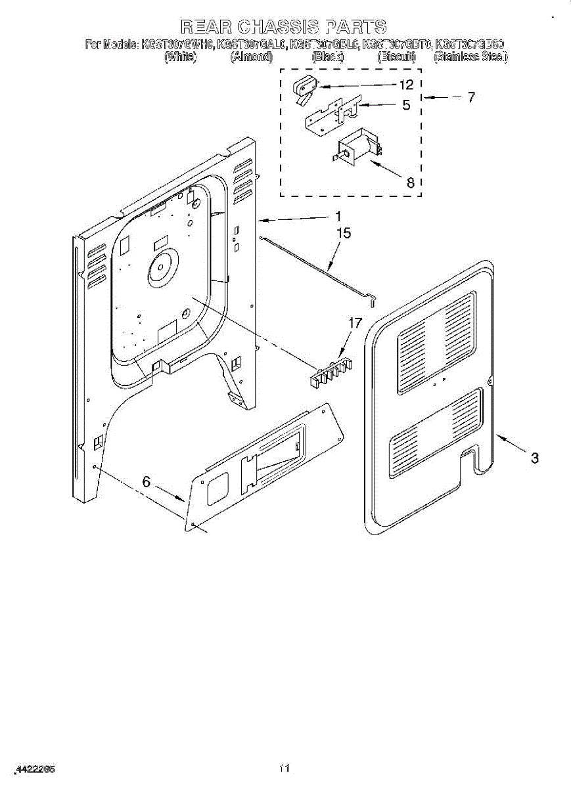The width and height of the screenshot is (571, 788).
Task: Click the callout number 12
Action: click(x=406, y=85)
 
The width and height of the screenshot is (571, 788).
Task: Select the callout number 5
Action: click(x=406, y=104)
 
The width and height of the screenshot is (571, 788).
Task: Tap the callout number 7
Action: click(x=470, y=98)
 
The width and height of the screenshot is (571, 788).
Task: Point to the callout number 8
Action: click(x=411, y=183)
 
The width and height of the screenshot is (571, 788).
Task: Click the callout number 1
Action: click(x=338, y=216)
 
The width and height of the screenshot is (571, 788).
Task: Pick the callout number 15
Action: click(x=344, y=233)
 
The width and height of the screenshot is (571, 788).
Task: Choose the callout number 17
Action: click(x=354, y=322)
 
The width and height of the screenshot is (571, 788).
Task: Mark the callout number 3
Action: click(x=535, y=458)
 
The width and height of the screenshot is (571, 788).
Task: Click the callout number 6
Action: click(x=146, y=482)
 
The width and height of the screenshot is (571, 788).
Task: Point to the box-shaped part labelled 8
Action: click(x=356, y=150)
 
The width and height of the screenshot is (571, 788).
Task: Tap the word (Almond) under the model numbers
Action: click(x=251, y=57)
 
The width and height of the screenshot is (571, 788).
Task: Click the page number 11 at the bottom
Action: click(x=285, y=768)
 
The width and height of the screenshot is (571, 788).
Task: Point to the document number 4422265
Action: click(x=35, y=769)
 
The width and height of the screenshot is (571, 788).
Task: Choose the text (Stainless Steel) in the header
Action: click(x=470, y=57)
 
